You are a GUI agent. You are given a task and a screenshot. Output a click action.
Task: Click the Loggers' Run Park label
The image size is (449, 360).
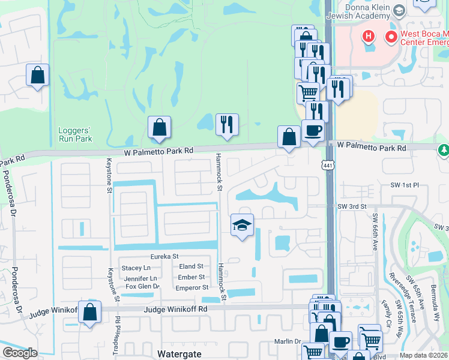(75, 134)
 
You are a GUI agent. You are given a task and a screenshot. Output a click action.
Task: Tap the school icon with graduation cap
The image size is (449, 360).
(242, 225)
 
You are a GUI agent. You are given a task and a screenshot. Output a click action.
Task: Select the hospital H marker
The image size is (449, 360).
(369, 37)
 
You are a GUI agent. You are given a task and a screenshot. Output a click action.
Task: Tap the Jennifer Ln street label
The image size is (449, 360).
(140, 278)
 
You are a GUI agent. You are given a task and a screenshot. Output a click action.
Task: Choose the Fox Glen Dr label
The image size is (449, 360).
(142, 287)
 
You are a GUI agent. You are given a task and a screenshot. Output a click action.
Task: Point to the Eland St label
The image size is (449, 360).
(191, 266)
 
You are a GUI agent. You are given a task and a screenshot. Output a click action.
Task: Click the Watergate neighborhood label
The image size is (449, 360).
(178, 354)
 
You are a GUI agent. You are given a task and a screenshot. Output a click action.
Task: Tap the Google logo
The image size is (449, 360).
(20, 353)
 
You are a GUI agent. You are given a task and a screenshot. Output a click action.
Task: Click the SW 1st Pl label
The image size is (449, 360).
(403, 186)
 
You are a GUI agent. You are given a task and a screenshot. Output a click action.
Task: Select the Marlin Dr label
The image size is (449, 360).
(288, 341)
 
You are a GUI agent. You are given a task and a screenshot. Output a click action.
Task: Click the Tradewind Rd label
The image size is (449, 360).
(118, 335)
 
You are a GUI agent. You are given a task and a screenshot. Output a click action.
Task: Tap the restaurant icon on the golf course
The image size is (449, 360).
(227, 124)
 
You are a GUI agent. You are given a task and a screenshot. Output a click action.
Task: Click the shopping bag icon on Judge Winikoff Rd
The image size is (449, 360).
(89, 313)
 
